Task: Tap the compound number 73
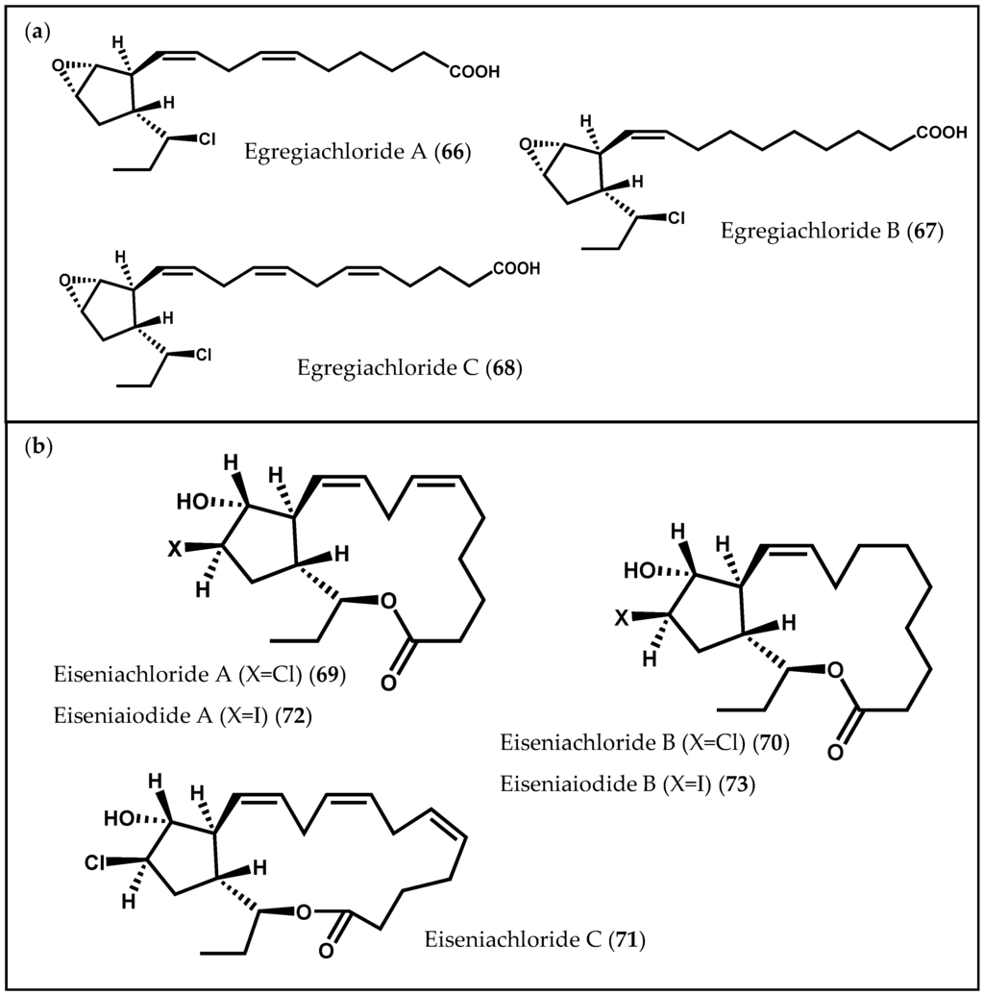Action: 742,785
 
